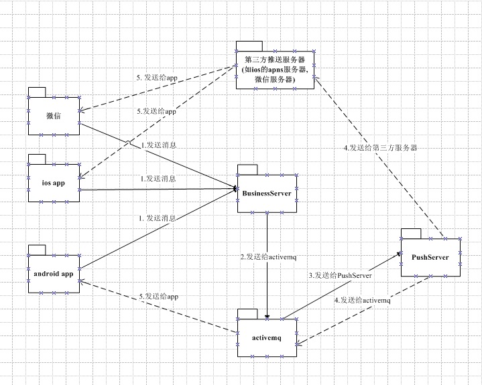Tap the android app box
point(54,274)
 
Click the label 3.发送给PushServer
point(340,275)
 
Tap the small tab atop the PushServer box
point(410,232)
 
